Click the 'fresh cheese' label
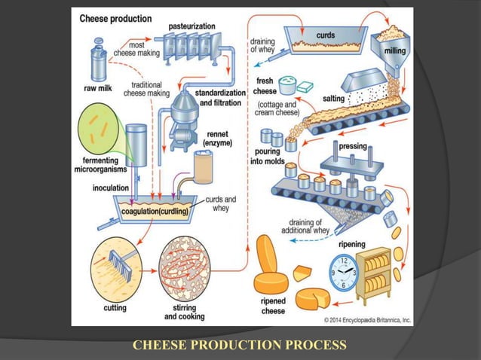(265, 86)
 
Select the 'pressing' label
(353, 146)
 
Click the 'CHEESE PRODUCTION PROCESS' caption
(239, 345)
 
